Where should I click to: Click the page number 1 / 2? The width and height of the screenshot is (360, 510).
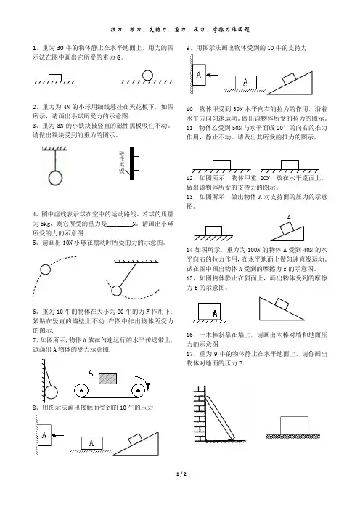pyautogui.click(x=181, y=474)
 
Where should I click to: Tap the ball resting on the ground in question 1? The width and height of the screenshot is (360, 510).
pyautogui.click(x=147, y=75)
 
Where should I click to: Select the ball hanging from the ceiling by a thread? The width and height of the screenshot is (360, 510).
pyautogui.click(x=55, y=178)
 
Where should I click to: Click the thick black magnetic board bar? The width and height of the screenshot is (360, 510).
pyautogui.click(x=131, y=163)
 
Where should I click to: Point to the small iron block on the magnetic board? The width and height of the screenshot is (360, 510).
pyautogui.click(x=136, y=163)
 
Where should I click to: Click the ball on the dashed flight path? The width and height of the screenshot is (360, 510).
pyautogui.click(x=46, y=270)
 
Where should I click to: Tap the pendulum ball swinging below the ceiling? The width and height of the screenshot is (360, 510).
pyautogui.click(x=116, y=291)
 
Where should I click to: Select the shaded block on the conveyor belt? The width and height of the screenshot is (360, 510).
pyautogui.click(x=107, y=379)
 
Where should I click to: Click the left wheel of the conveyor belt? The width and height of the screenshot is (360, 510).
pyautogui.click(x=81, y=390)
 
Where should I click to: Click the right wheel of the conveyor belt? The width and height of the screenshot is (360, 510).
pyautogui.click(x=138, y=390)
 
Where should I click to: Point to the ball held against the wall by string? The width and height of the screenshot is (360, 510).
pyautogui.click(x=51, y=392)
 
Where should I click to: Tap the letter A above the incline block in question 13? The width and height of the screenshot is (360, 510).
pyautogui.click(x=289, y=217)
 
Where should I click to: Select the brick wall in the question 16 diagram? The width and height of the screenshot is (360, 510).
pyautogui.click(x=200, y=413)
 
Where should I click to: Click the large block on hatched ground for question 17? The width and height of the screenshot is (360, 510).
pyautogui.click(x=294, y=426)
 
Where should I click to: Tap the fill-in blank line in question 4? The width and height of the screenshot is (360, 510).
pyautogui.click(x=119, y=225)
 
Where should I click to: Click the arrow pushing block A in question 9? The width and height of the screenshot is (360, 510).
pyautogui.click(x=213, y=75)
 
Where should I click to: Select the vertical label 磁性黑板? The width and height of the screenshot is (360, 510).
pyautogui.click(x=122, y=162)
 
